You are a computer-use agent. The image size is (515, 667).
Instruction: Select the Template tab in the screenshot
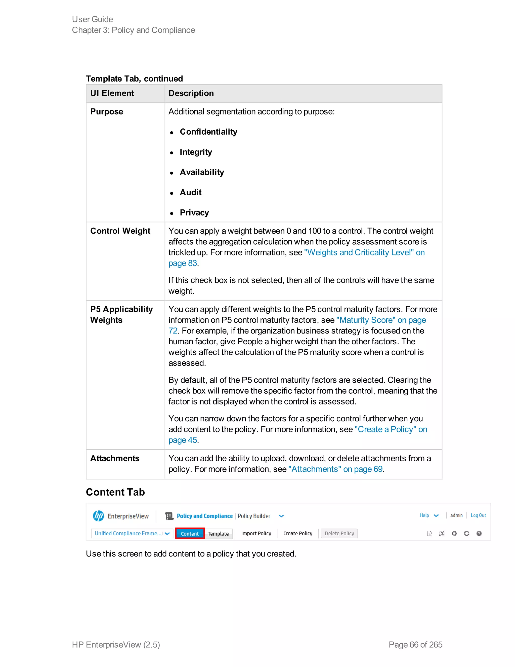click(218, 534)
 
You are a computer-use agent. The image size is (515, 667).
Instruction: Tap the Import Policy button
click(256, 533)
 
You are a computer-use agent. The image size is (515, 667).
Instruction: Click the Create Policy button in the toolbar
click(297, 533)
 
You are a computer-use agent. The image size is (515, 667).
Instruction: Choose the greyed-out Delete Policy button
click(339, 533)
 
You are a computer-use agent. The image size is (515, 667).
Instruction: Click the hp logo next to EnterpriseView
click(98, 516)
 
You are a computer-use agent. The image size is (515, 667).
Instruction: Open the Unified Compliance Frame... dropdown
click(132, 533)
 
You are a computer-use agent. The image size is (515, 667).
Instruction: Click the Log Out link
click(478, 515)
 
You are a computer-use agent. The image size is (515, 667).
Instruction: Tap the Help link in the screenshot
click(424, 515)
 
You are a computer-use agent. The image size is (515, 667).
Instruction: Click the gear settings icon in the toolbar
click(454, 533)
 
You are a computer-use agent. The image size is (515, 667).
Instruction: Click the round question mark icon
click(479, 533)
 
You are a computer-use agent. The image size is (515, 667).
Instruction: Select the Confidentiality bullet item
click(208, 132)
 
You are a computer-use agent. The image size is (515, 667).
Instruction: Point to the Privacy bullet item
click(194, 213)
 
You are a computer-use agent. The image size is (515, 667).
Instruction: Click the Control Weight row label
click(120, 231)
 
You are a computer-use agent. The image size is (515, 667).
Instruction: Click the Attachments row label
click(115, 458)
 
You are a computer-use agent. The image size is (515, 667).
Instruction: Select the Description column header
click(191, 93)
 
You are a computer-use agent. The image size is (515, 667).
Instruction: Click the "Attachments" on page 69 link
click(335, 469)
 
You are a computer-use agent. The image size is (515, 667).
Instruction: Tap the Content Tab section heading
click(115, 492)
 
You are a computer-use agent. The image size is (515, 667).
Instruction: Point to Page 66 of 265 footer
click(415, 644)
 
